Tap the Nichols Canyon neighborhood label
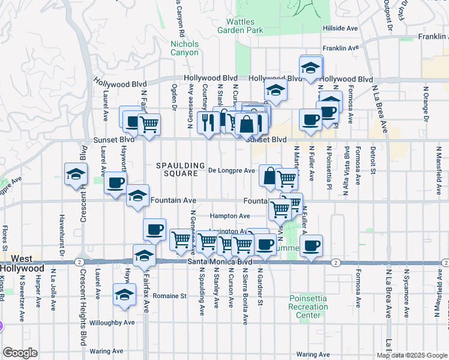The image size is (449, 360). pos(184,48)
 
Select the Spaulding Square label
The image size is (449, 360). pos(177,169)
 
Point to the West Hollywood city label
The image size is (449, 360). pos(22,263)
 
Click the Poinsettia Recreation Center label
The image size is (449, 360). pos(309,307)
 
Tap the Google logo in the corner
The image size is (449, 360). pos(20,352)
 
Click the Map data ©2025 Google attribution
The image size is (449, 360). pos(411,355)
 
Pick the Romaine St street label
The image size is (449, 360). pos(169,296)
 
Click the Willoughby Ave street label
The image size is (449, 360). pos(112,323)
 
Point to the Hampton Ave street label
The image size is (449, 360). pos(230,216)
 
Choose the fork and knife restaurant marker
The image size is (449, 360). pos(208,122)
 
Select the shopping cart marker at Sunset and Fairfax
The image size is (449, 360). pos(148,124)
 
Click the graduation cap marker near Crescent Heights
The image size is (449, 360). pos(76,175)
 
